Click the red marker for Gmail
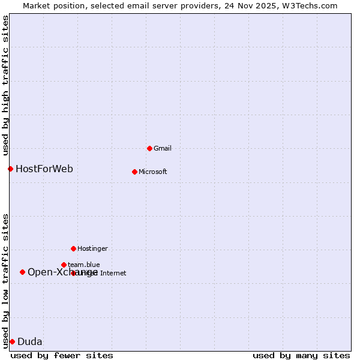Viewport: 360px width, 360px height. (149, 148)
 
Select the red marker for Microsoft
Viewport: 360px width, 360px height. (134, 172)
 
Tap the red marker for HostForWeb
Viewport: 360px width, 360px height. (10, 169)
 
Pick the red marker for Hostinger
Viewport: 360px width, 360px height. (73, 248)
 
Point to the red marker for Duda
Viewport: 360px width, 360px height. (12, 341)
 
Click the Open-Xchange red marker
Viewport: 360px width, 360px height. (22, 272)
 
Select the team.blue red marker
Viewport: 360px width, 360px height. (64, 265)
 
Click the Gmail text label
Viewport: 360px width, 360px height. (163, 148)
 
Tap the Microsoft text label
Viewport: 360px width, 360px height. (153, 172)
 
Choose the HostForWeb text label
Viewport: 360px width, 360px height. (44, 169)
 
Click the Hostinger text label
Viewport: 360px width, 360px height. (92, 248)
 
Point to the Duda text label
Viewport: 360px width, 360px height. (30, 342)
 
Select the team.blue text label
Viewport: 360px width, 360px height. (84, 265)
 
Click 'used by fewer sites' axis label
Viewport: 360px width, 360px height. (62, 355)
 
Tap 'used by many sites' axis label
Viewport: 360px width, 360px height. (301, 355)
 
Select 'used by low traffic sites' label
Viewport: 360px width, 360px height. (5, 280)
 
